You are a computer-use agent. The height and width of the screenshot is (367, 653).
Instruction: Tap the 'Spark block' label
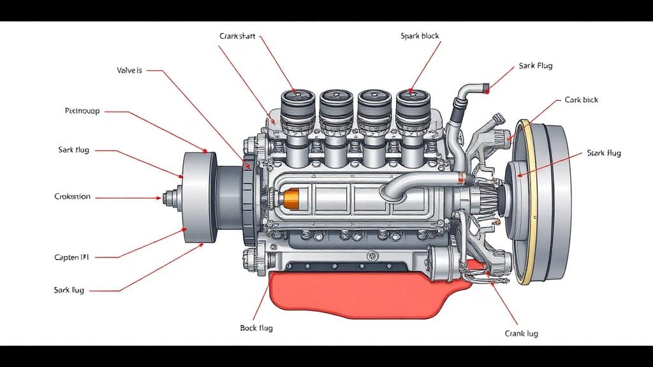(x=420, y=36)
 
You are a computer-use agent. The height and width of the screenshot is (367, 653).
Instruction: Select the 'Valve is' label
(x=129, y=71)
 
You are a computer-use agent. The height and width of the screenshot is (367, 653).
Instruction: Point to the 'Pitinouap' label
(x=82, y=111)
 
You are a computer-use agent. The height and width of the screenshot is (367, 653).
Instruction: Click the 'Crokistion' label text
(x=72, y=197)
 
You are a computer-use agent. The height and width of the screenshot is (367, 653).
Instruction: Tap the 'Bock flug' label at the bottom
(x=256, y=328)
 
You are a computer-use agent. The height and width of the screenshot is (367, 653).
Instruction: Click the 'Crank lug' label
(x=521, y=333)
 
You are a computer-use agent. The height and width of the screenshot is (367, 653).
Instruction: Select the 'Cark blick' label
(x=581, y=100)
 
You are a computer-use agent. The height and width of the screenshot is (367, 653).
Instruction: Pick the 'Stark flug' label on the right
(x=603, y=153)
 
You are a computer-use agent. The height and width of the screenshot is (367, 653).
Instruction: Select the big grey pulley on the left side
(x=198, y=198)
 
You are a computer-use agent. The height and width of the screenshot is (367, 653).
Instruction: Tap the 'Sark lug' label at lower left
(x=69, y=290)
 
